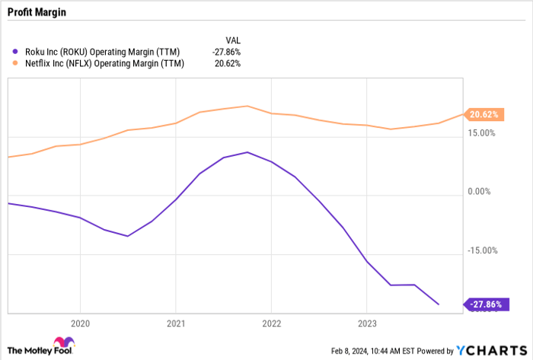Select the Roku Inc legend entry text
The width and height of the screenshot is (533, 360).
point(95,51)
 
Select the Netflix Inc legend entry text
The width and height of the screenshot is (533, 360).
point(97,63)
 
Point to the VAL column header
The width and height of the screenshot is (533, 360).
point(232,39)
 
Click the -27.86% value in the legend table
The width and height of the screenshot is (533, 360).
point(225,51)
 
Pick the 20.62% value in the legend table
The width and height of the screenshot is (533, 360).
point(227,63)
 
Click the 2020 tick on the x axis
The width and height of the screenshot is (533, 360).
point(79,321)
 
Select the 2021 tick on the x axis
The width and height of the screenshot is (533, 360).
point(175,321)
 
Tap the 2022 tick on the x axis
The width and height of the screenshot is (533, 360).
point(271,321)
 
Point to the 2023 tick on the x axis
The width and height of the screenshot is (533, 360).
point(367,321)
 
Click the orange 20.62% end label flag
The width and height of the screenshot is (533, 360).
point(483,114)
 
